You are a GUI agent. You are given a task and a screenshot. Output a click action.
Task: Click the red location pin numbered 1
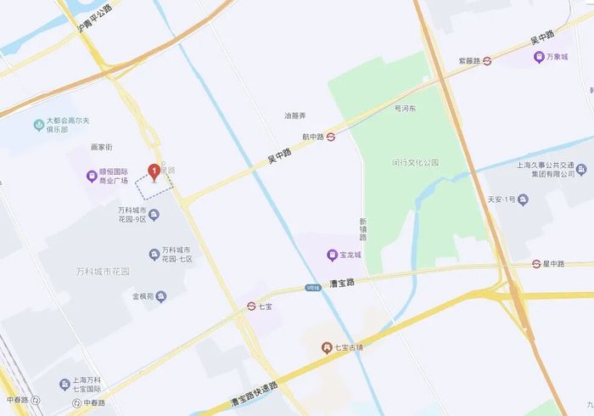click(x=154, y=172)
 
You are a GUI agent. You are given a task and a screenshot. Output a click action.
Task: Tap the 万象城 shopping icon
click(x=538, y=57)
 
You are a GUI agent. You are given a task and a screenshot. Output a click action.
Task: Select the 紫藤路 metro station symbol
click(x=487, y=61)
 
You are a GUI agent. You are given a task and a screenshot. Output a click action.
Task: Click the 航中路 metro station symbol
click(x=331, y=136)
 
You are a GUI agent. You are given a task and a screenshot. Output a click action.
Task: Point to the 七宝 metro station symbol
click(x=252, y=306)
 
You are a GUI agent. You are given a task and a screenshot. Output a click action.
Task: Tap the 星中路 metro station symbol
click(x=537, y=264)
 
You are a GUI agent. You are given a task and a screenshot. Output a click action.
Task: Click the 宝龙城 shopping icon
click(x=333, y=255)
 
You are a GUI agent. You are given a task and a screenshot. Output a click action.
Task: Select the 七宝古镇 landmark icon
click(x=327, y=347)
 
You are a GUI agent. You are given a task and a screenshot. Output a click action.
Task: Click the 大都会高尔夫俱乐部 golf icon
click(x=38, y=126)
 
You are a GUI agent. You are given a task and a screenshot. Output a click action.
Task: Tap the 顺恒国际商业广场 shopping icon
click(x=92, y=177)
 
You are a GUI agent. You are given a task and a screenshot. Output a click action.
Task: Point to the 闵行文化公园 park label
click(x=415, y=162)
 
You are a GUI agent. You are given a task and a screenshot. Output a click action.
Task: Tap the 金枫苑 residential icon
click(x=160, y=296)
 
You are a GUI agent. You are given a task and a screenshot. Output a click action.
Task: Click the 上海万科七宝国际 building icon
click(x=64, y=384)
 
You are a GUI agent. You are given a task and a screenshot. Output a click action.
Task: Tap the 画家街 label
click(x=101, y=147)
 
